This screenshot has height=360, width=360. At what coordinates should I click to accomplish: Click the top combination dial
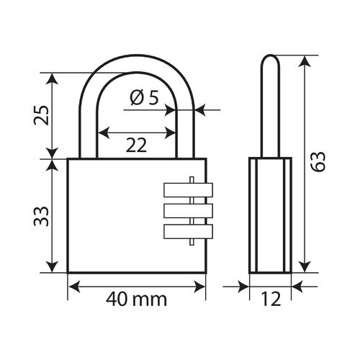coord(189,190)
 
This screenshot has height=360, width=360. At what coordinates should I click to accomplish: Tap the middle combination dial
coord(189,211)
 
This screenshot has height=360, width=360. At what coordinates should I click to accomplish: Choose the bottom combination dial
coord(189,231)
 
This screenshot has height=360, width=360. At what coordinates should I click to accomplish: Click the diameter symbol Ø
coord(134,99)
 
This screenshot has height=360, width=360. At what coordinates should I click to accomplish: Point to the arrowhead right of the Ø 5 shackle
coord(199,110)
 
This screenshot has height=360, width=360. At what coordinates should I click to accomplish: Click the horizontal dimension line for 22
coord(137,133)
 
